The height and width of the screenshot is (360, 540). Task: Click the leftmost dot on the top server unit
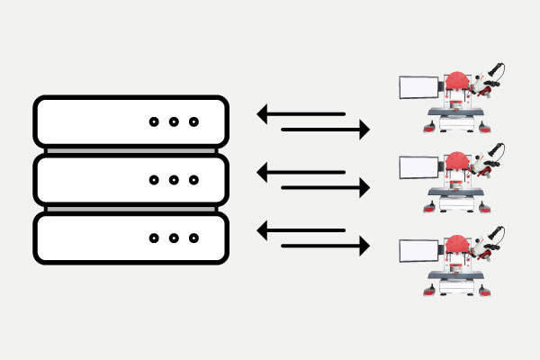click(x=153, y=122)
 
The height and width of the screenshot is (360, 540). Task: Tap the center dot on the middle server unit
click(x=174, y=180)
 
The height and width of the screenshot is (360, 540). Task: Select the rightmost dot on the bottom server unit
click(x=193, y=238)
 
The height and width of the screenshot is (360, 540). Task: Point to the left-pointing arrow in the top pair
click(x=301, y=114)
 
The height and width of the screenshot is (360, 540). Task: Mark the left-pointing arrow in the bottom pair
click(x=301, y=230)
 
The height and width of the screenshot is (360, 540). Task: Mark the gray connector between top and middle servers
click(x=130, y=150)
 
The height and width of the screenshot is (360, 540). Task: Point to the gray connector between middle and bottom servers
click(x=130, y=209)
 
